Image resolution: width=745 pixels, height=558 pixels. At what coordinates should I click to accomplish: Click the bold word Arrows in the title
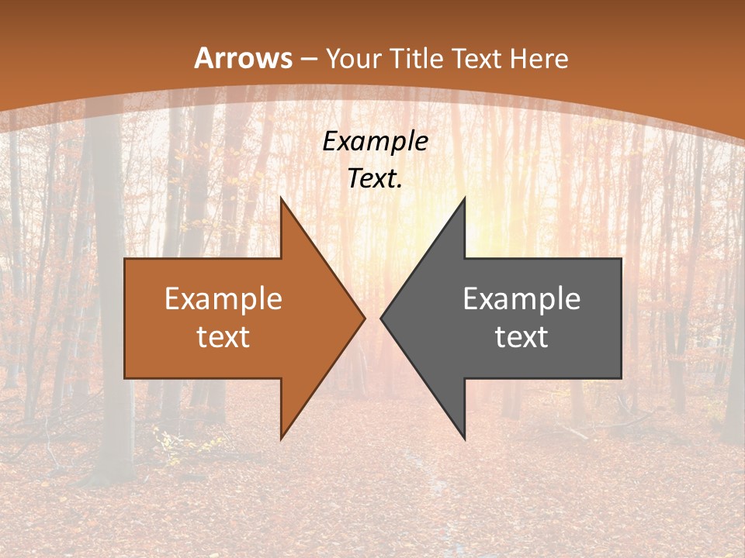pos(243,58)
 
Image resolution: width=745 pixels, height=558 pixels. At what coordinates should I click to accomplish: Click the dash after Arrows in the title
pos(308,60)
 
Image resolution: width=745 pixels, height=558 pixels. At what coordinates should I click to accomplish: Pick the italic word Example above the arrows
pos(375,142)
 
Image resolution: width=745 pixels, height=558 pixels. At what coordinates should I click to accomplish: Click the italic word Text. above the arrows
pos(375,179)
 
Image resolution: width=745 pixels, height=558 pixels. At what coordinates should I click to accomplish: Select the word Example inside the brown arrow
pos(223,299)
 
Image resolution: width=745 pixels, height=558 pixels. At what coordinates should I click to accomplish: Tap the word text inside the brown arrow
pos(223,336)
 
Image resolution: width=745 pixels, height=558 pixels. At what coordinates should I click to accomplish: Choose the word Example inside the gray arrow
pos(521,299)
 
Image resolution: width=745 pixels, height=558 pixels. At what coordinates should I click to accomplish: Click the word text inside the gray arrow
pos(521,336)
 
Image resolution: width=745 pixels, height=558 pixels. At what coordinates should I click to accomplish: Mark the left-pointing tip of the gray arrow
pos(382,319)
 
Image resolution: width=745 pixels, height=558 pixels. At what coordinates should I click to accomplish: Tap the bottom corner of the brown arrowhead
pos(282,438)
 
